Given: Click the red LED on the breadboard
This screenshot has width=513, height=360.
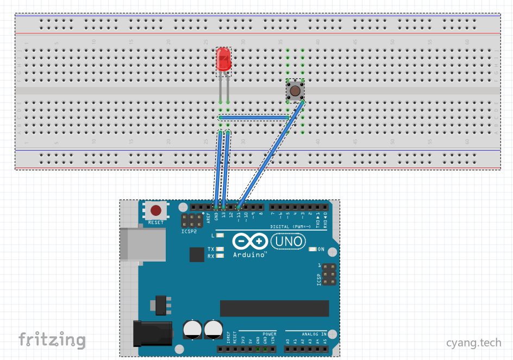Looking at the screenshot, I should [223, 59].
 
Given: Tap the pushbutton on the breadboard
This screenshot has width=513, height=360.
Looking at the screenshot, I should [295, 90].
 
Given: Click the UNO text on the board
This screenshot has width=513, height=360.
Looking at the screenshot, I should [287, 241].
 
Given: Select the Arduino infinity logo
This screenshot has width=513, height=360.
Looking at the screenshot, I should [250, 241].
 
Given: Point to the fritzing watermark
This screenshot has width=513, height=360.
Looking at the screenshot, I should [52, 340].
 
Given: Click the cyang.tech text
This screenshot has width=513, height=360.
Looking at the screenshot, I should [474, 343].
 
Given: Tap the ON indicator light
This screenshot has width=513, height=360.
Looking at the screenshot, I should [312, 249].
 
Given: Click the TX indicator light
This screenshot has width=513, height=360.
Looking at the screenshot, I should [220, 250].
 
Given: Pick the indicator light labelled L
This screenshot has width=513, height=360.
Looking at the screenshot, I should [220, 235].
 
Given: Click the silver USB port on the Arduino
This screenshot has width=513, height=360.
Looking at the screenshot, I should [142, 244].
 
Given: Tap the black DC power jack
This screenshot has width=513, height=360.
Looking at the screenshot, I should [153, 333].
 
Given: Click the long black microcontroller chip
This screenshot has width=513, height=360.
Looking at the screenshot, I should [274, 308].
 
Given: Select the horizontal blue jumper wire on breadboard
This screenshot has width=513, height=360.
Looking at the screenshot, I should [253, 117].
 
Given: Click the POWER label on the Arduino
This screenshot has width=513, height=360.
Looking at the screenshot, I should [270, 334].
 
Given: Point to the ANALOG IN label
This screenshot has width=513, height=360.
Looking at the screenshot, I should [314, 334].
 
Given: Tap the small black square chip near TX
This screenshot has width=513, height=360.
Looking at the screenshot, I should [197, 255].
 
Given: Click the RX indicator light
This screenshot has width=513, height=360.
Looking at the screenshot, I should [220, 256].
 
